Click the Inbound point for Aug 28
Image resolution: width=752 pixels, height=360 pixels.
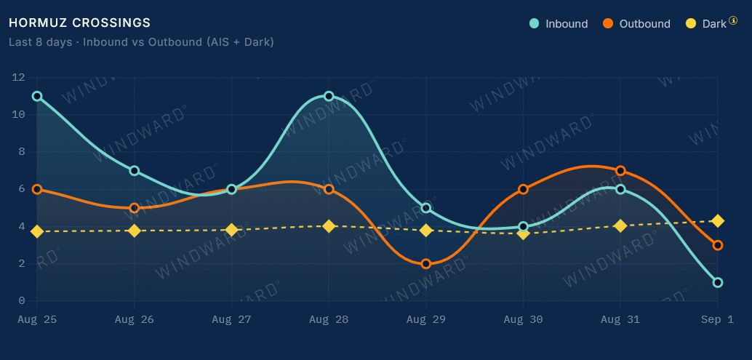point(329,96)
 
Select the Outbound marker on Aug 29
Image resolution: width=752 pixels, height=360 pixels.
point(426,264)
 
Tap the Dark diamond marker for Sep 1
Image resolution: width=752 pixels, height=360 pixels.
point(718,221)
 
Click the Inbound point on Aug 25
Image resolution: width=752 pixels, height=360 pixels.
point(37,96)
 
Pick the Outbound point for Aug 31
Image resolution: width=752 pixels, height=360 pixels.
point(620,171)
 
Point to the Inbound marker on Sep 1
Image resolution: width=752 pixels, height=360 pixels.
point(718,282)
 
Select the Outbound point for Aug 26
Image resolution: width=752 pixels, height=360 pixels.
point(135,208)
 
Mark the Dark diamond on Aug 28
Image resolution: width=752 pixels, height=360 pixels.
point(329,225)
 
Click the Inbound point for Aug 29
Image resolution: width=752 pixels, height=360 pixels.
point(426,208)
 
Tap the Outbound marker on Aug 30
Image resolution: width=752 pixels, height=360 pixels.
point(523,189)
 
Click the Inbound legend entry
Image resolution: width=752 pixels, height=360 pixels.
point(559,23)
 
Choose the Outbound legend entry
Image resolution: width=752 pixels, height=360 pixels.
point(636,23)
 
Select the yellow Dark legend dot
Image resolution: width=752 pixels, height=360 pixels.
point(691,23)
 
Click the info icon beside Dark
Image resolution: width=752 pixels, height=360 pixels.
point(733,20)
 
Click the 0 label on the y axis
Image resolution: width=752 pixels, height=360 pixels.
point(22,301)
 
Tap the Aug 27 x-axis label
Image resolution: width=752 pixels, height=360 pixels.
point(232,319)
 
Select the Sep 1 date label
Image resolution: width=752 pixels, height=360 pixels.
point(718,319)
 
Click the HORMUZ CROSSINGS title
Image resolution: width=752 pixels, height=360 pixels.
point(79,23)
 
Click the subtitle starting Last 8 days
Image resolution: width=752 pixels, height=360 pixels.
point(142,42)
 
